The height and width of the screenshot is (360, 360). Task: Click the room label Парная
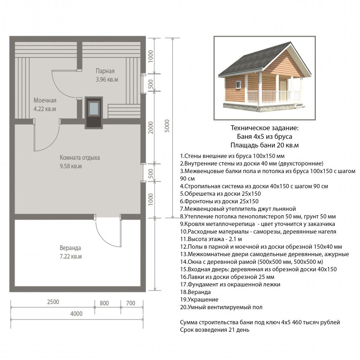105,71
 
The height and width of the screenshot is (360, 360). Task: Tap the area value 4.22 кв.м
45,109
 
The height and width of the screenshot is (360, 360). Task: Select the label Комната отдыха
80,158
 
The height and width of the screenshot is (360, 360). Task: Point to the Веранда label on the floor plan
70,248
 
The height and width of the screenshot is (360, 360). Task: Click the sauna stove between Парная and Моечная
94,113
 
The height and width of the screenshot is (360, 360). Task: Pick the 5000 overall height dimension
167,126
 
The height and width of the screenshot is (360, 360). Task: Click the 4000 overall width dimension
76,314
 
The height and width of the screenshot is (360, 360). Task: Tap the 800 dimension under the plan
104,303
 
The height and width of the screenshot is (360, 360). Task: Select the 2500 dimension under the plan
53,302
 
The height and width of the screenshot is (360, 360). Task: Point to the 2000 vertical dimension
150,128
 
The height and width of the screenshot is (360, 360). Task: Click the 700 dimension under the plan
131,303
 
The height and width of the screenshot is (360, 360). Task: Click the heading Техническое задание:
265,128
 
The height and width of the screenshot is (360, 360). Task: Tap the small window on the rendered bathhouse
239,85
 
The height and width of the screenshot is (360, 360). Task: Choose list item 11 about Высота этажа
211,239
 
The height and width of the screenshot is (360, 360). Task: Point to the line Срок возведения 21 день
215,330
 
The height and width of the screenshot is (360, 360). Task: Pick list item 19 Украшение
199,300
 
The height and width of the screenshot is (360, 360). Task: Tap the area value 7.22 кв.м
71,257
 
